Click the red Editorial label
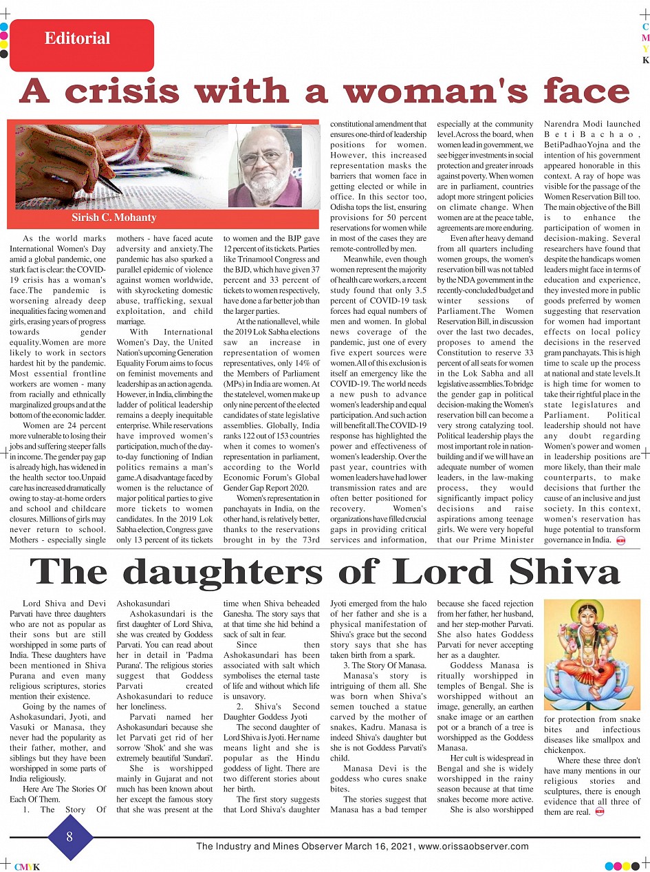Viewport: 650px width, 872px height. click(77, 39)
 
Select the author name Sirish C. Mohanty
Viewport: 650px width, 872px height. click(114, 217)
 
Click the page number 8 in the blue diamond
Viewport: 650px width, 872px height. click(69, 837)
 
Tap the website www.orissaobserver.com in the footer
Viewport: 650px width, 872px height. click(473, 847)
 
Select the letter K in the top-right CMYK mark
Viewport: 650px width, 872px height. click(645, 60)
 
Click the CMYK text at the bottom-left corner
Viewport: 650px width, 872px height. click(27, 866)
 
